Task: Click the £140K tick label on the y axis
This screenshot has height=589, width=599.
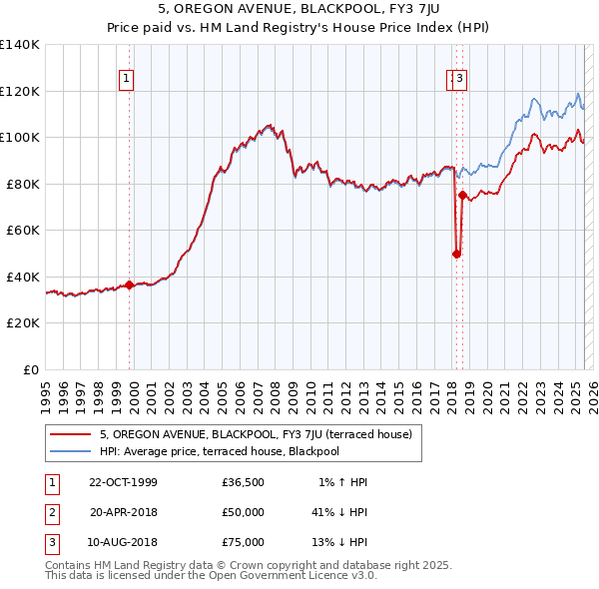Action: coord(20,45)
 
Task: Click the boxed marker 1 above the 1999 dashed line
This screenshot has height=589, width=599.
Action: coord(128,79)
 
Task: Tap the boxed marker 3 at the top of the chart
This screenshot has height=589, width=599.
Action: coord(461,79)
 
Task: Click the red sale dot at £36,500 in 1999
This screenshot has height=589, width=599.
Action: coord(130,285)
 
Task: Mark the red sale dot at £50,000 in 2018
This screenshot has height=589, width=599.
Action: coord(456,254)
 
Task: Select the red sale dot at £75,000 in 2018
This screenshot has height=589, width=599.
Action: coord(462,196)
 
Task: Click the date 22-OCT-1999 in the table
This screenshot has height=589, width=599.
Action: coord(123,482)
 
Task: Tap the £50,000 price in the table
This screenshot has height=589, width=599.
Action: coord(244,512)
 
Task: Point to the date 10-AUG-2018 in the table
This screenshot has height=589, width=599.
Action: coord(123,542)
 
